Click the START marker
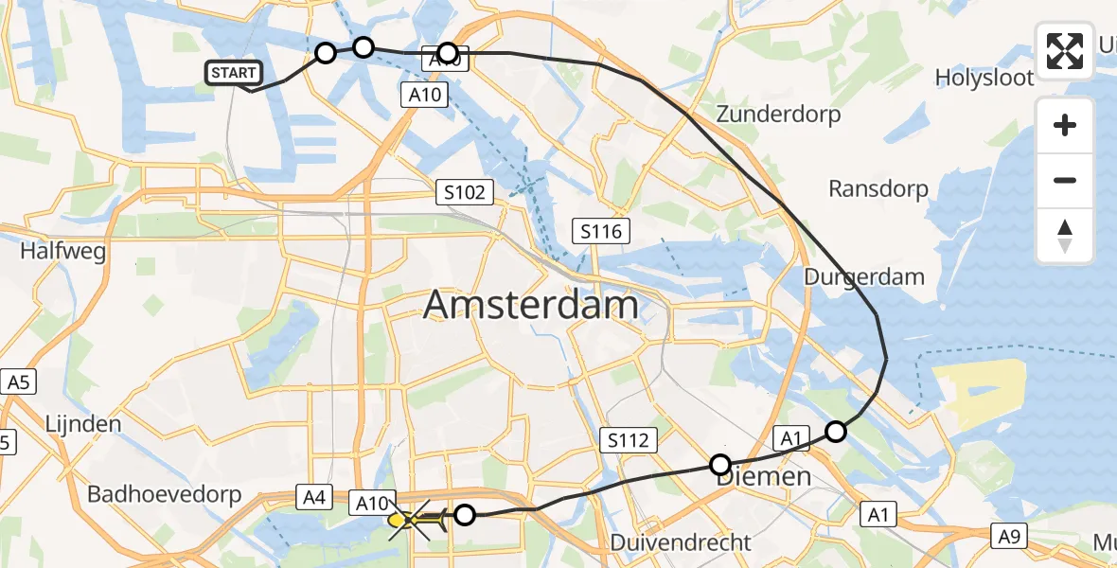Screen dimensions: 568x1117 tap(233, 72)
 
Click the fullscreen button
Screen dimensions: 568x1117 tap(1065, 51)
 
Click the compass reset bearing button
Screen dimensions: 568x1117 tap(1065, 236)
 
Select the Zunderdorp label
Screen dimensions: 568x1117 tap(778, 115)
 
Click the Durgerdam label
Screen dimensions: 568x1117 tap(863, 277)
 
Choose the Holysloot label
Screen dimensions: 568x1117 tap(984, 78)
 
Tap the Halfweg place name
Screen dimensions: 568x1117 tap(62, 252)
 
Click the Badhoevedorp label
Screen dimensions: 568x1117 tap(165, 494)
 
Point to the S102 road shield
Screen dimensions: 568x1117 tap(466, 193)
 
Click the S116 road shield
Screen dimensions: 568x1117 tap(601, 230)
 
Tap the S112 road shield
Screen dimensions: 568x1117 tap(629, 439)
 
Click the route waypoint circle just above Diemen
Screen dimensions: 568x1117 tap(720, 465)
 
